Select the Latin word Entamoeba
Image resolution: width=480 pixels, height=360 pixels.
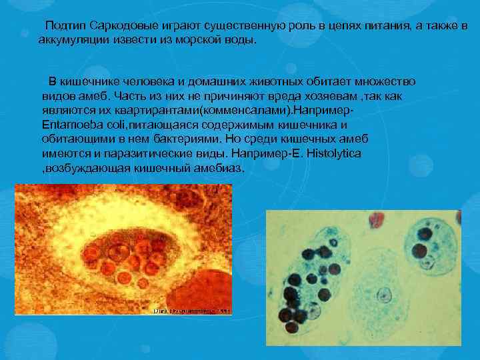(x=71, y=125)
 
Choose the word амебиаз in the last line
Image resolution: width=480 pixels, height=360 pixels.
(x=219, y=168)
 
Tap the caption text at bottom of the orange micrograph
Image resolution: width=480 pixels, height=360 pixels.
(x=192, y=311)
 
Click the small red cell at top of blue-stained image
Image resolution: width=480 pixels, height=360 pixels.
(x=377, y=218)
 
